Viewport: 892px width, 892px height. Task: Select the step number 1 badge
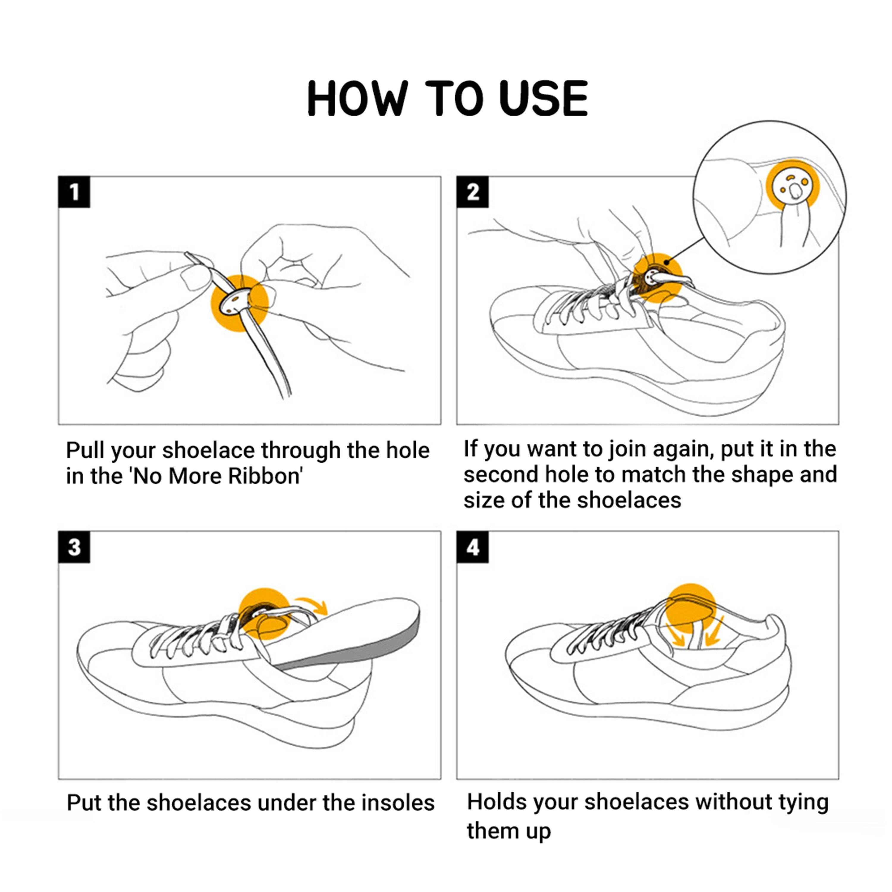click(x=74, y=192)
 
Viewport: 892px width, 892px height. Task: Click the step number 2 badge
click(x=472, y=192)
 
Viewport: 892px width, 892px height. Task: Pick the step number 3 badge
click(x=74, y=547)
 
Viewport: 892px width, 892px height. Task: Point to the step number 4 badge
click(x=472, y=547)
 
